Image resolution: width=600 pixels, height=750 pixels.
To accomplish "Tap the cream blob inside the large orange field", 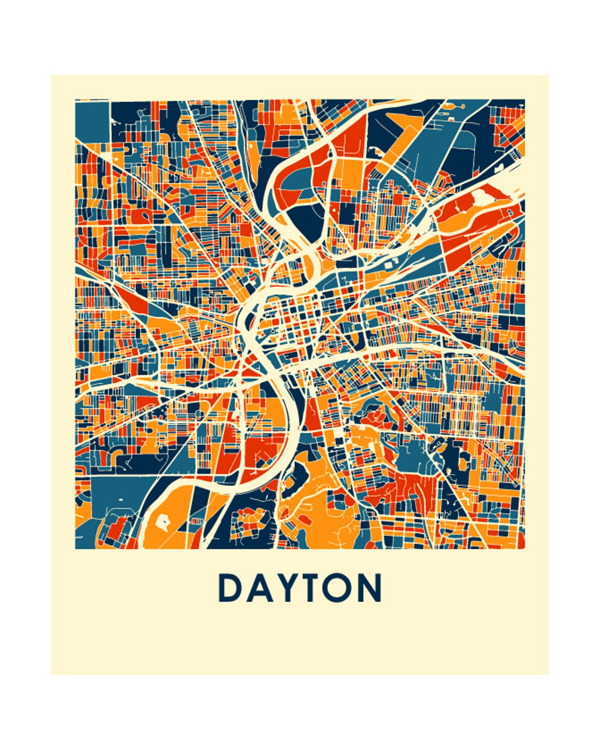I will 162,523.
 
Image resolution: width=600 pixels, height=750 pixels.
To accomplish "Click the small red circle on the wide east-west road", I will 366,356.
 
